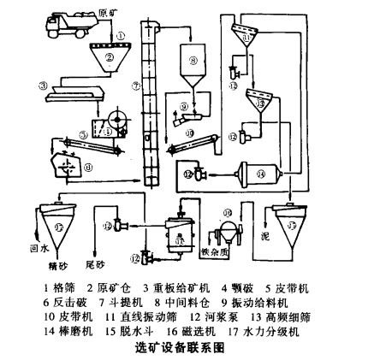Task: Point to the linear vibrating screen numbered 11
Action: tap(247, 38)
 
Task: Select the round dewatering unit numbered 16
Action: tap(229, 232)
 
